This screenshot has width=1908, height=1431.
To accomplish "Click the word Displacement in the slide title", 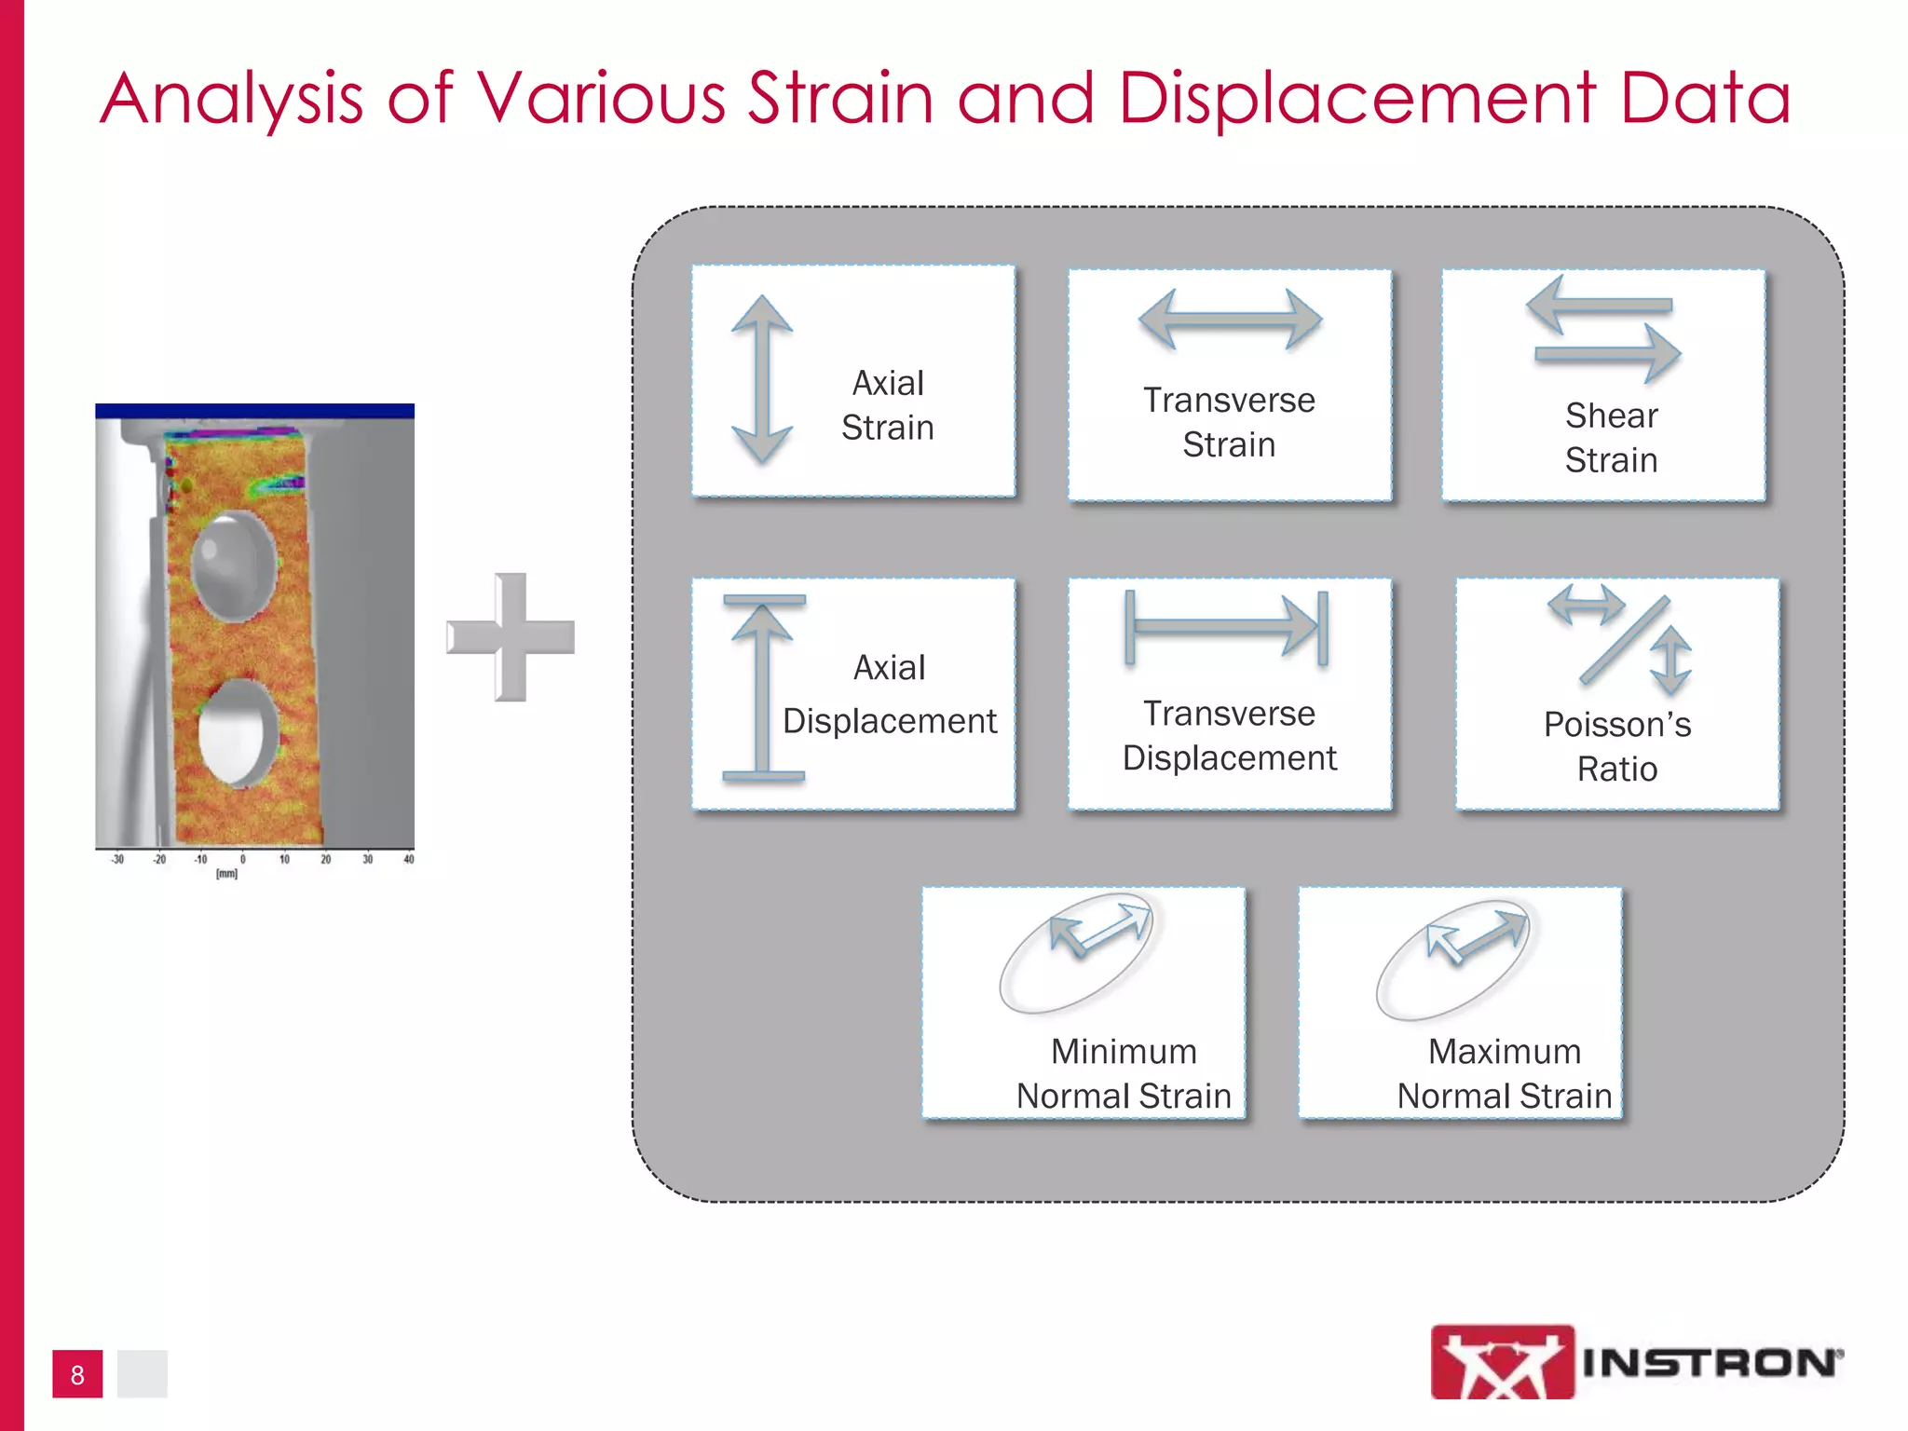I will pyautogui.click(x=1356, y=99).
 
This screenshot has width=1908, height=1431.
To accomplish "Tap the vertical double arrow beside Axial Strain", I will pyautogui.click(x=762, y=379).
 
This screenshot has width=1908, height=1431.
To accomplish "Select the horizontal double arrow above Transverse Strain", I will pyautogui.click(x=1230, y=320).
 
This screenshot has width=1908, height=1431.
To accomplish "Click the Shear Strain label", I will pyautogui.click(x=1611, y=438).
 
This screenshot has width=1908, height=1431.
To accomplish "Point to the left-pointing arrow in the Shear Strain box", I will pyautogui.click(x=1597, y=306).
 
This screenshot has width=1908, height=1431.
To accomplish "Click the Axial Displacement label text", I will pyautogui.click(x=889, y=695).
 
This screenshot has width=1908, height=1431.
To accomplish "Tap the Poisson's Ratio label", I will pyautogui.click(x=1616, y=746).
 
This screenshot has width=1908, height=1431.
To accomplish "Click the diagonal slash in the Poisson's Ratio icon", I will pyautogui.click(x=1623, y=641).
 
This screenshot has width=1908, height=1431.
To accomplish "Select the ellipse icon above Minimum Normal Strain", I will pyautogui.click(x=1077, y=954).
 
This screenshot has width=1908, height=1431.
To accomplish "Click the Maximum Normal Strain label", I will pyautogui.click(x=1504, y=1074).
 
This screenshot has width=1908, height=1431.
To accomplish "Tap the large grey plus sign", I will pyautogui.click(x=511, y=637).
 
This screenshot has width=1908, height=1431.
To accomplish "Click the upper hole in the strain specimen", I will pyautogui.click(x=235, y=565).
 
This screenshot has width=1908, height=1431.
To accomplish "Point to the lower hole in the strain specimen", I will pyautogui.click(x=238, y=732).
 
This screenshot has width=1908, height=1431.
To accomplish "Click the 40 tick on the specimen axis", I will pyautogui.click(x=408, y=860).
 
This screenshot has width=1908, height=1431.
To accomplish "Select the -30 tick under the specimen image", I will pyautogui.click(x=117, y=860).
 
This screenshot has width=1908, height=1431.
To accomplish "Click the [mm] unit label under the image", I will pyautogui.click(x=226, y=874).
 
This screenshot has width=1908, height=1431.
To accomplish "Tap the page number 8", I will pyautogui.click(x=77, y=1375).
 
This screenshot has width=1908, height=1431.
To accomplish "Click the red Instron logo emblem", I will pyautogui.click(x=1502, y=1362).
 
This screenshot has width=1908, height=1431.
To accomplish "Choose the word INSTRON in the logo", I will pyautogui.click(x=1710, y=1363).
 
